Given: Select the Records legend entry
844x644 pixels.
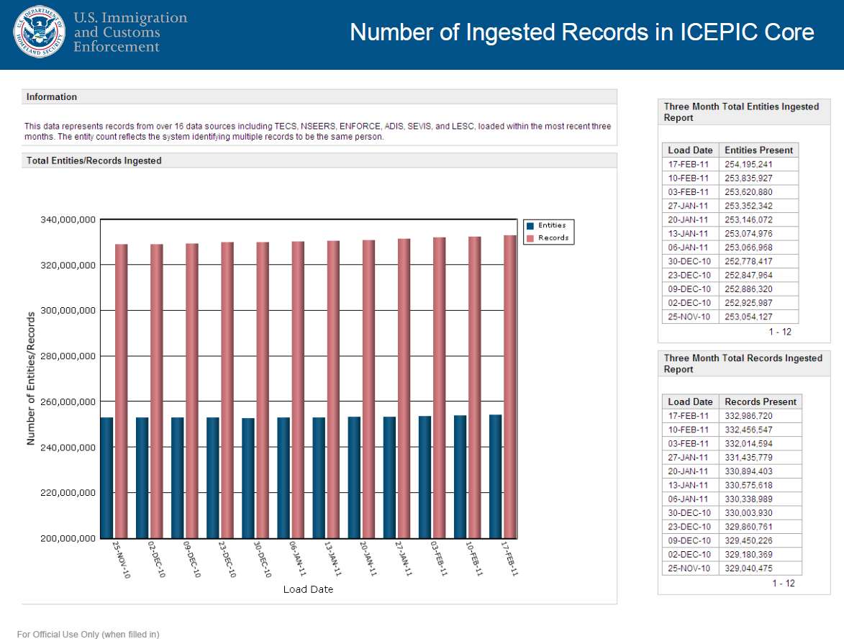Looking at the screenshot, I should pyautogui.click(x=553, y=238).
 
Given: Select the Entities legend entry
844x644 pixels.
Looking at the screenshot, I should pyautogui.click(x=552, y=225).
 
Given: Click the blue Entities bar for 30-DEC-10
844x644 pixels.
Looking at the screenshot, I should pyautogui.click(x=248, y=478).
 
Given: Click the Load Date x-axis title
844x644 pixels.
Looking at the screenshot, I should pyautogui.click(x=307, y=589).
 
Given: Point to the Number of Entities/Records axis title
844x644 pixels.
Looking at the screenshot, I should pyautogui.click(x=31, y=378).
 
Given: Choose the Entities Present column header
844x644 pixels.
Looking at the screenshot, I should pyautogui.click(x=758, y=150).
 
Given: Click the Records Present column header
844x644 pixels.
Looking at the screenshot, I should pyautogui.click(x=761, y=402).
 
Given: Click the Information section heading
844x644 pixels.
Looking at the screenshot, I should pyautogui.click(x=52, y=97).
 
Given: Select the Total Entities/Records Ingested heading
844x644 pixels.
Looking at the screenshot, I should pyautogui.click(x=94, y=161).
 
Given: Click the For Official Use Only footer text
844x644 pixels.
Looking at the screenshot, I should pyautogui.click(x=88, y=635).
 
